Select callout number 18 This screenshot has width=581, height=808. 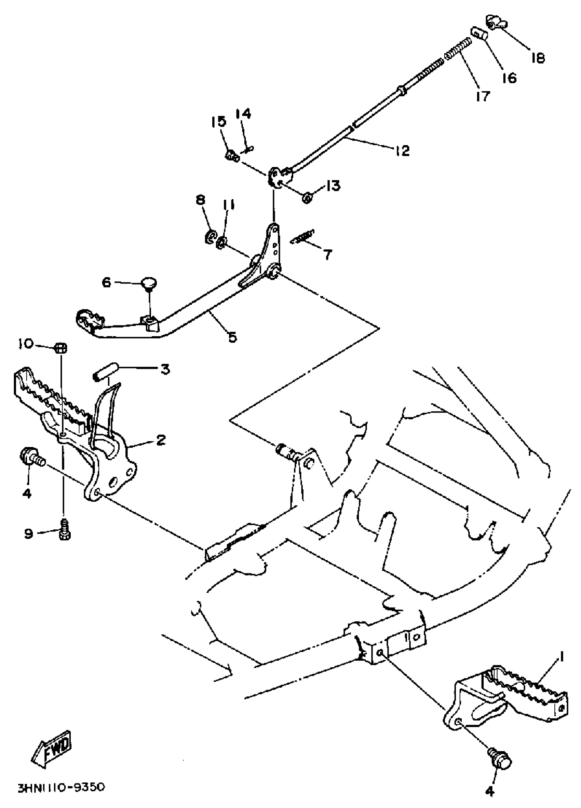538,58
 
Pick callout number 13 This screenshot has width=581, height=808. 333,186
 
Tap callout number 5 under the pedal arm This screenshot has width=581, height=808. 232,337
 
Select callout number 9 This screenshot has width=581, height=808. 29,534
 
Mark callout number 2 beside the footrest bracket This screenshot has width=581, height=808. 161,440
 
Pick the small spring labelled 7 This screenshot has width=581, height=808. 302,237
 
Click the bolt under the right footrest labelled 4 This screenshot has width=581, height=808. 500,762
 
